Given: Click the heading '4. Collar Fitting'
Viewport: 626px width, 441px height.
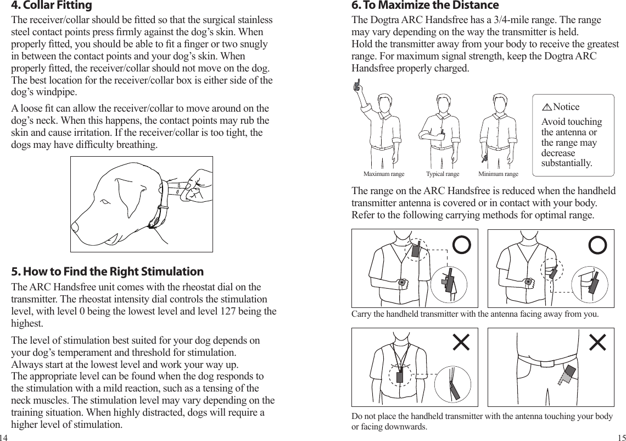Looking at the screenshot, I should click(x=52, y=6).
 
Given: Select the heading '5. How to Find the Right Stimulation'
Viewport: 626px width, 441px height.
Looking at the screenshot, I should click(x=108, y=272).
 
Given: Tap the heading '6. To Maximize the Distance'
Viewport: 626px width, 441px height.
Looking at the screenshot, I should click(x=425, y=6).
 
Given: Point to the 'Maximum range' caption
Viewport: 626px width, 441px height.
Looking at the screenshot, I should click(x=384, y=174).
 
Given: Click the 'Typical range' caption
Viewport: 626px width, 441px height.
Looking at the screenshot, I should click(x=443, y=174).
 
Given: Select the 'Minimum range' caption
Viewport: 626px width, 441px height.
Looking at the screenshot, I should click(x=498, y=174).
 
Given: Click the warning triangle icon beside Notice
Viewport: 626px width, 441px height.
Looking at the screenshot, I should click(x=547, y=107).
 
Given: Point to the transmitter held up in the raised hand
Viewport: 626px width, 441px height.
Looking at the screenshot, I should click(x=357, y=85).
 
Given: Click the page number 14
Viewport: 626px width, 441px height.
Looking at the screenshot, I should click(x=4, y=438).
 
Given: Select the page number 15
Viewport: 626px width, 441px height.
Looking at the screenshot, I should click(x=621, y=438).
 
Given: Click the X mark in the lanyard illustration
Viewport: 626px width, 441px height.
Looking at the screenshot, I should click(x=461, y=342).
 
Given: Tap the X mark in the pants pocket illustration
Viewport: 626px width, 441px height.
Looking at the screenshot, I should click(x=597, y=342).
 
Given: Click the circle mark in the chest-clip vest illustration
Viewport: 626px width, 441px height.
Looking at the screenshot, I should click(x=461, y=245).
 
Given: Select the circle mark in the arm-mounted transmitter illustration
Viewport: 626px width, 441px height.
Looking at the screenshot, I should click(x=597, y=245).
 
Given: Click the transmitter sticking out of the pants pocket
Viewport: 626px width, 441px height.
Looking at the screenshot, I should click(x=565, y=378).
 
